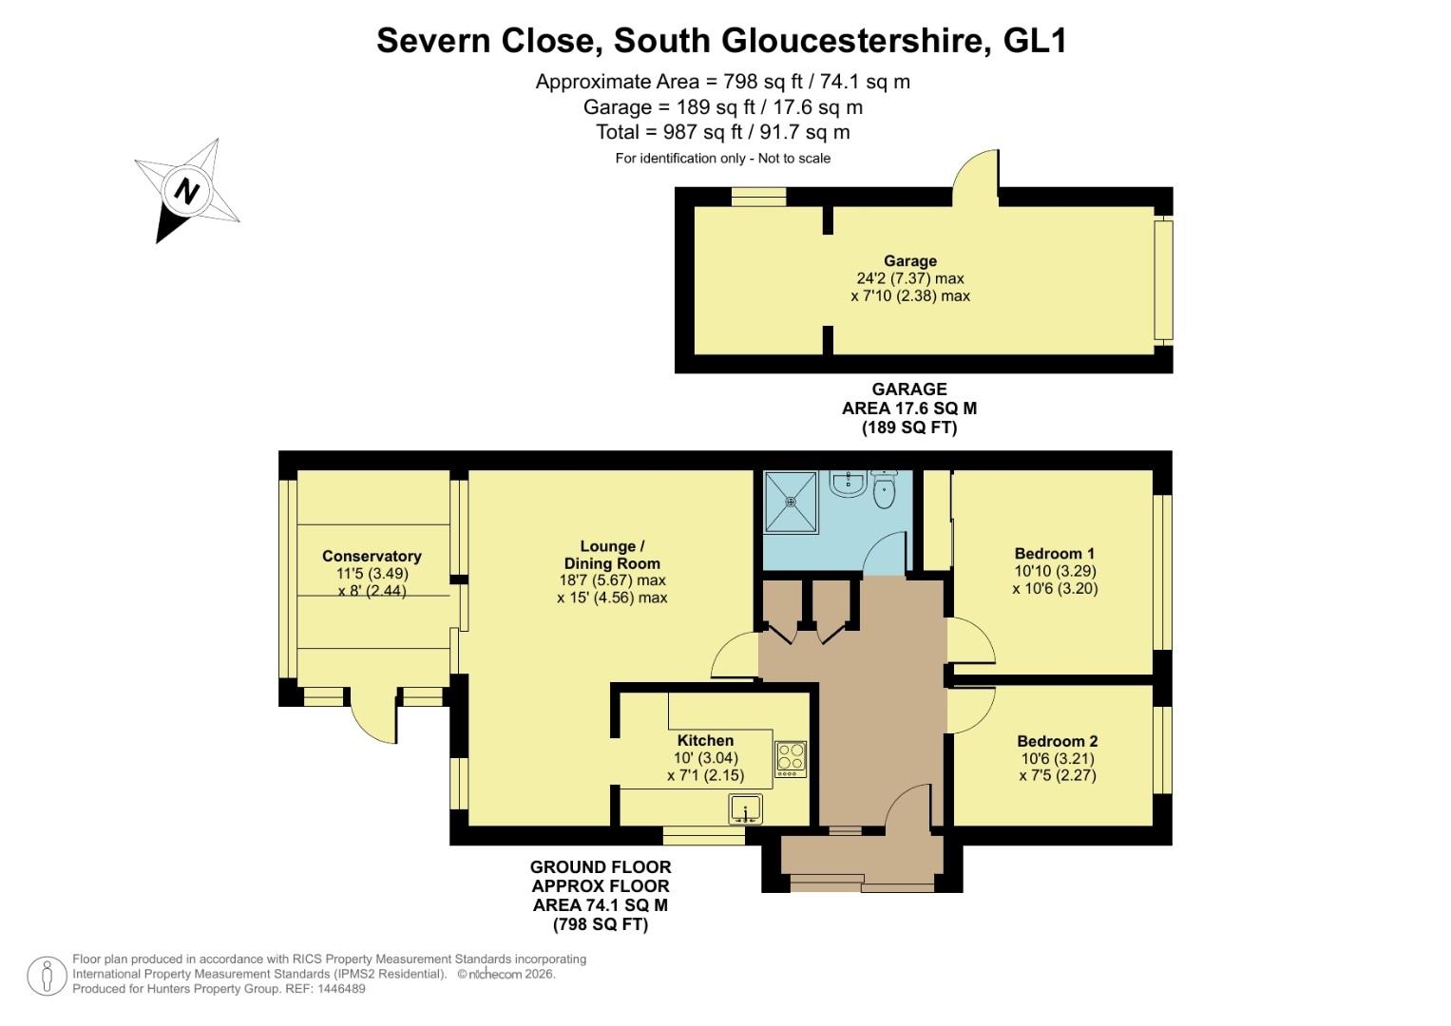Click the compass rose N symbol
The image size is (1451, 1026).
[187, 191]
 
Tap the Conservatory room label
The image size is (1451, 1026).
[372, 557]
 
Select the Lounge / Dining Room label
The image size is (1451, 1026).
[612, 555]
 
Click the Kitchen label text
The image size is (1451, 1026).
[705, 741]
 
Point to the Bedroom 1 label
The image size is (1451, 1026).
[1055, 554]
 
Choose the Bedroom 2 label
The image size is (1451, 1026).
[1057, 742]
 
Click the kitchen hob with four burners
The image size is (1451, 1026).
[791, 759]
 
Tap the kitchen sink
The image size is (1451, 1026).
[746, 810]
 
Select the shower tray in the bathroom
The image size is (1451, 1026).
[791, 502]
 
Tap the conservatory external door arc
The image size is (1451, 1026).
[372, 719]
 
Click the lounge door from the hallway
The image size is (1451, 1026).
[735, 655]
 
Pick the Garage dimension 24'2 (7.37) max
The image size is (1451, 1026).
[909, 278]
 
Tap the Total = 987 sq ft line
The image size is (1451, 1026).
[722, 132]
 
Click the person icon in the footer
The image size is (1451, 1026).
[46, 976]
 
